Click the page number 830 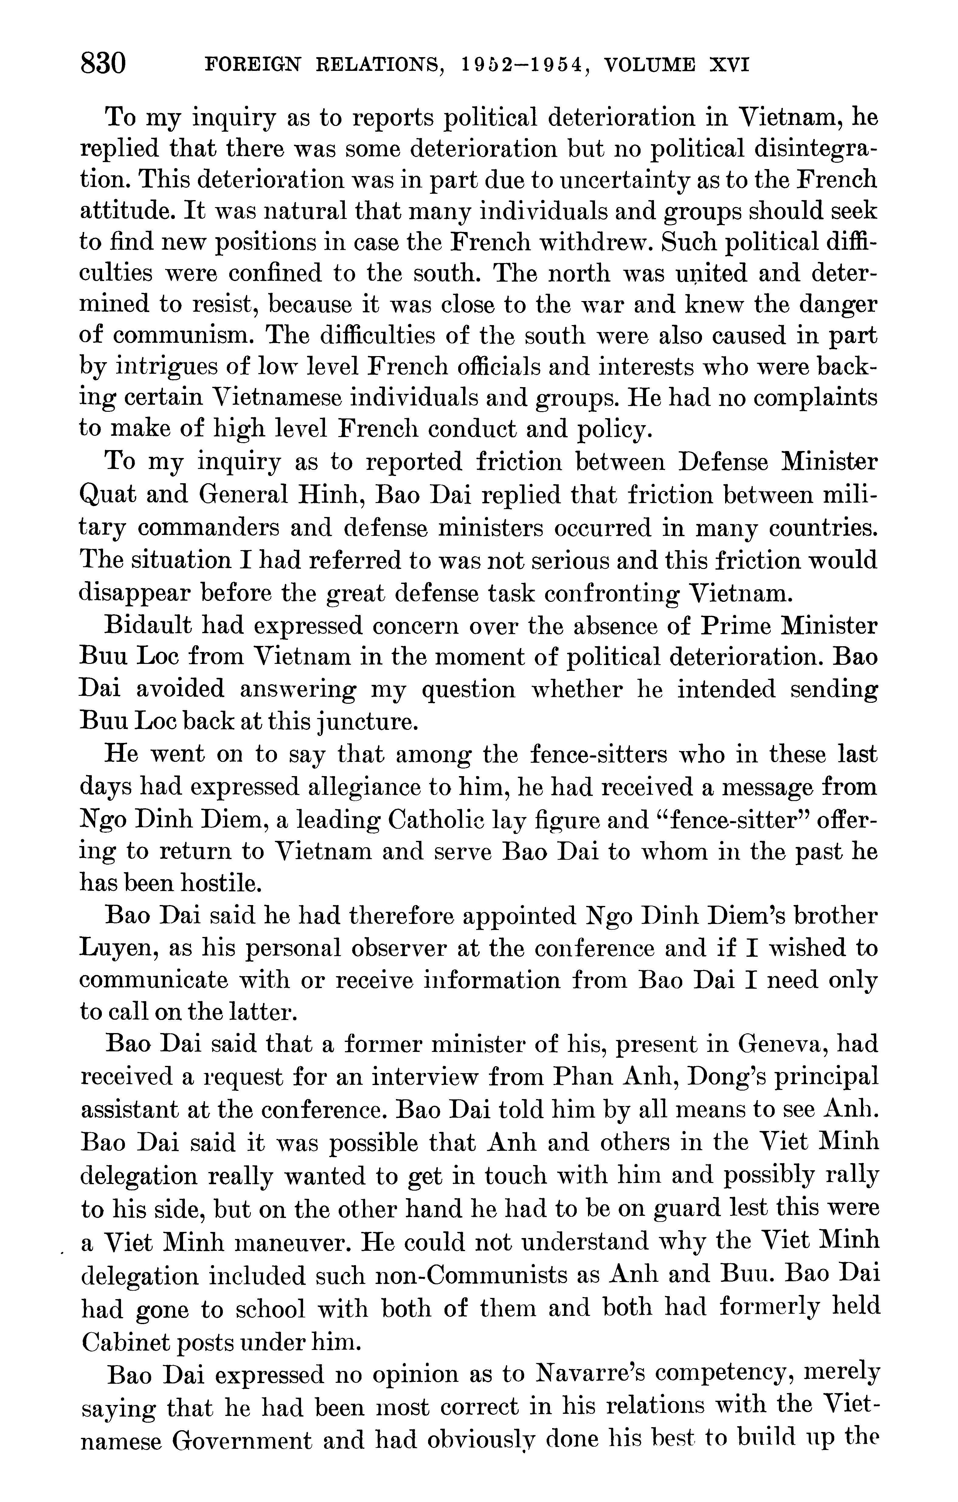pos(104,64)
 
